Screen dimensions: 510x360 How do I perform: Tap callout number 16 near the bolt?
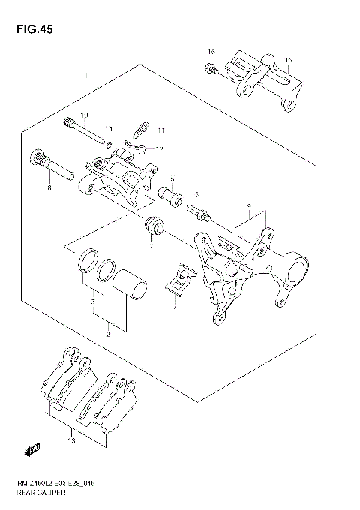click(211, 52)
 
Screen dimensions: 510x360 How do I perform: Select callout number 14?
click(109, 129)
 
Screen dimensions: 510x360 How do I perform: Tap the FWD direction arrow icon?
click(32, 448)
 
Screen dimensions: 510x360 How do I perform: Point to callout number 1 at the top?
click(87, 76)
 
